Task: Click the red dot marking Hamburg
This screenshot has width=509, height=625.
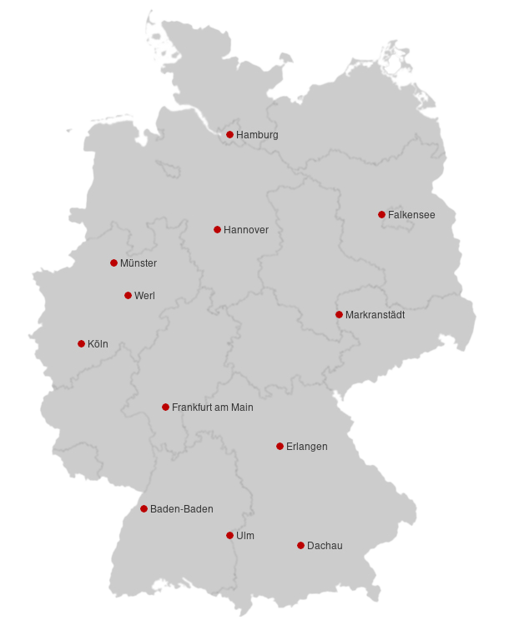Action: pos(229,134)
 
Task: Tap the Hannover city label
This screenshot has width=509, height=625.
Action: pos(246,230)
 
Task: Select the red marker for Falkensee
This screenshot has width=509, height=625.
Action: pos(381,214)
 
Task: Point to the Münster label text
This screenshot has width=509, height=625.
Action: pos(139,263)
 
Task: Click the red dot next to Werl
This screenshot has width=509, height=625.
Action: pos(128,295)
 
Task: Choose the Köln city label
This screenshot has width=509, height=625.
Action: pos(98,344)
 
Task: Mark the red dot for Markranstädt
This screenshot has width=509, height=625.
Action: pos(339,314)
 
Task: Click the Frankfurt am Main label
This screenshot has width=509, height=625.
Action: pos(212,407)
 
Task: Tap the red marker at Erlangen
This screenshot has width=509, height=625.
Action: pos(280,446)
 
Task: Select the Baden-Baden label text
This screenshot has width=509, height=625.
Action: pos(181,509)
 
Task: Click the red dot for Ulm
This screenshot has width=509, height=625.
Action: pos(229,535)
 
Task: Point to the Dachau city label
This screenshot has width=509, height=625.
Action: pos(325,546)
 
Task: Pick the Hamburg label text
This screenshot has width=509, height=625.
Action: pos(257,135)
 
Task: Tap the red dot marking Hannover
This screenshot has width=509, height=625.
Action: pos(217,229)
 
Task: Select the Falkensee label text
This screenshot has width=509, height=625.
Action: pos(411,215)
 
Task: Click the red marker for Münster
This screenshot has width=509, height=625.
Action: pos(113,262)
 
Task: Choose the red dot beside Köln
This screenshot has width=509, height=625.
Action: pos(81,343)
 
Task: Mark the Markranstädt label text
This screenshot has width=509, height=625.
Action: pos(375,315)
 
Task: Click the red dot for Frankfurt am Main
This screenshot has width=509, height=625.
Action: pos(165,407)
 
